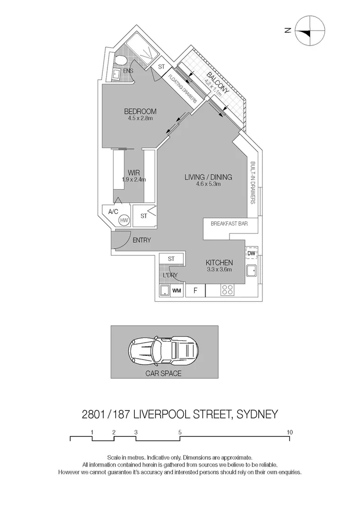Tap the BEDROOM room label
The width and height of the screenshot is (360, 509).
click(140, 112)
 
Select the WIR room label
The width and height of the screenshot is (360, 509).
click(134, 172)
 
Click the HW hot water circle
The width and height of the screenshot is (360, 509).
click(124, 220)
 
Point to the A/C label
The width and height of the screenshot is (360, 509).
click(114, 212)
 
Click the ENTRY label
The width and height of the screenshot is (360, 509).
click(141, 240)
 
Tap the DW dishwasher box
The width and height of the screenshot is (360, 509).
click(251, 253)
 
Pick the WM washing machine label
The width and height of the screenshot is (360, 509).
click(177, 291)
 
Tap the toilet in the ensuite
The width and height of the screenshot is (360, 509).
click(120, 60)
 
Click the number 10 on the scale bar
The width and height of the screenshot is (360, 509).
click(289, 431)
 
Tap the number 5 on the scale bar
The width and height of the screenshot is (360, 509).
click(180, 431)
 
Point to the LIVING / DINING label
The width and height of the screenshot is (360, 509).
click(208, 177)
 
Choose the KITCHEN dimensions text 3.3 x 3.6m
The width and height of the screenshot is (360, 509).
click(219, 270)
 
